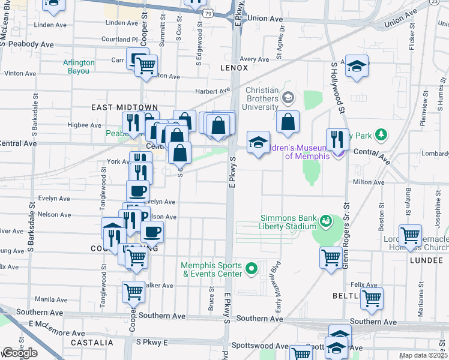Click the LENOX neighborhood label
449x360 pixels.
(234, 68)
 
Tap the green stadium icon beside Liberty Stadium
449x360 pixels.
(326, 222)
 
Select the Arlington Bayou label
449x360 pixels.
(79, 67)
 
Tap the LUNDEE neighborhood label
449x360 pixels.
(426, 260)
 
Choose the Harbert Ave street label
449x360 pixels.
(212, 91)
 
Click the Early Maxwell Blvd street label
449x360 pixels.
(277, 279)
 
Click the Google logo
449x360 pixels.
(19, 352)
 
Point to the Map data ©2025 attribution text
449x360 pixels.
(423, 355)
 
